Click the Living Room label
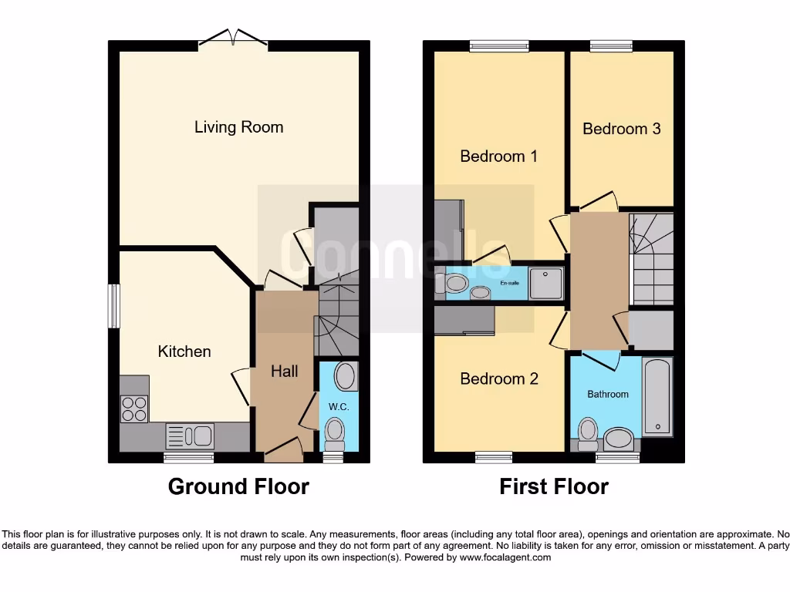point(238,127)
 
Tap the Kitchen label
point(184,351)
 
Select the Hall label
point(284,372)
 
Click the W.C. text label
point(339,405)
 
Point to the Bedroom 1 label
point(498,156)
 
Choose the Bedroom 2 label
point(498,379)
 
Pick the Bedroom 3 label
point(621,129)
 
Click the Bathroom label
point(608,395)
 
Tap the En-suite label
point(511,283)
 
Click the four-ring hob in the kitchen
point(134,408)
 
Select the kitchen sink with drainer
point(190,437)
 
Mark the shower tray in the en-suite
point(547,282)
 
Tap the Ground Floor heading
point(238,487)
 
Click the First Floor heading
point(553,487)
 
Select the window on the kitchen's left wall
point(114,305)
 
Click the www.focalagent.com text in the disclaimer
point(505,557)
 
